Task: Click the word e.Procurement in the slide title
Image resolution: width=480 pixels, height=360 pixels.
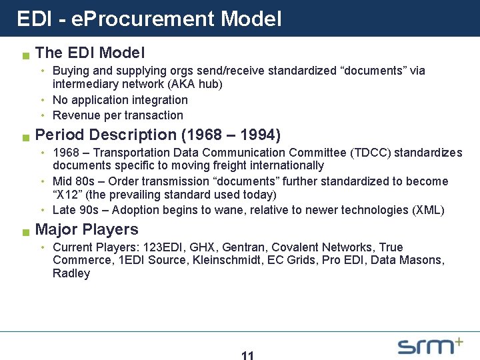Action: click(137, 19)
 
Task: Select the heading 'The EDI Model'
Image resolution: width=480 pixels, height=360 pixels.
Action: click(89, 52)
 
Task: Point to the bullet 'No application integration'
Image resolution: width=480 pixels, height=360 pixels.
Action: click(120, 100)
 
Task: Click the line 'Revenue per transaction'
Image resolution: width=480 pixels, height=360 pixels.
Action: click(117, 115)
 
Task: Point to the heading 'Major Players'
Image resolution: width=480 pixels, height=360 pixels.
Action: click(87, 229)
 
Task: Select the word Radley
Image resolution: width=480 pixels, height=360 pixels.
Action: click(71, 273)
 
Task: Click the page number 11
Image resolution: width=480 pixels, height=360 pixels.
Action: click(247, 356)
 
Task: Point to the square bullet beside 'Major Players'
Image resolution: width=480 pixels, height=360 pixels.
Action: click(25, 233)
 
